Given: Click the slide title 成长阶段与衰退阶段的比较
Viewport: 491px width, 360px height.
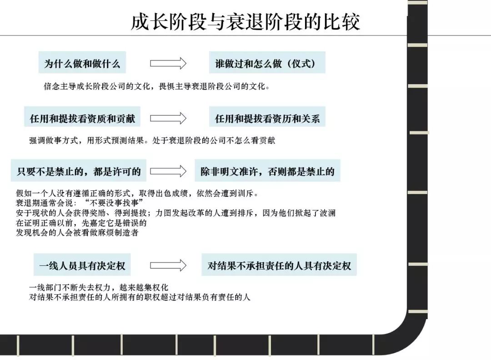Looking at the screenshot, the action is point(245,21).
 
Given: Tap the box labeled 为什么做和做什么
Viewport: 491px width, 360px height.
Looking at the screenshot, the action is point(82,63).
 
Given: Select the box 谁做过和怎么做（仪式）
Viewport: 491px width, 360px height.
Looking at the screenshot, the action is point(267,63).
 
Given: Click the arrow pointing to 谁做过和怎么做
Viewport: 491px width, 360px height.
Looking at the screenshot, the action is point(168,63).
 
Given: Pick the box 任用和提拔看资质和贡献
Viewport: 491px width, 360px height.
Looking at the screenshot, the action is point(82,118).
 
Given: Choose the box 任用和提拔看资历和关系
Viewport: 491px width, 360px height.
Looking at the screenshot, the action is point(267,118).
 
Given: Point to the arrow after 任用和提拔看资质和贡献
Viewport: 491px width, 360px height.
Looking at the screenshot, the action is point(168,118).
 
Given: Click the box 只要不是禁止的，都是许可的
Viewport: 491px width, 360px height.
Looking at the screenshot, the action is point(79,171).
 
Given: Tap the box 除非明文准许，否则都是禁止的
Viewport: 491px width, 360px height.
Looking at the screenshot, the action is point(267,171).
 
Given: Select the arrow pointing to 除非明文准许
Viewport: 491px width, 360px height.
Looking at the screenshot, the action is point(168,171).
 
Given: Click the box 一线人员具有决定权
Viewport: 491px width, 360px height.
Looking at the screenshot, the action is point(82,265).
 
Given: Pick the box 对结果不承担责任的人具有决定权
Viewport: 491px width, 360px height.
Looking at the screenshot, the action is point(279,265).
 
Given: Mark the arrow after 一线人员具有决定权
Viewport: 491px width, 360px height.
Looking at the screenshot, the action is point(168,265).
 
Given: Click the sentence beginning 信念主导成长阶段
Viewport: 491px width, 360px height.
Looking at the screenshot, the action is point(156,86).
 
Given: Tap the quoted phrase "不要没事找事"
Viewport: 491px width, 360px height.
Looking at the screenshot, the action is point(114,202).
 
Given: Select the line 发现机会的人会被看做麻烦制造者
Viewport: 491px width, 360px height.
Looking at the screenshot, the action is point(77,233).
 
